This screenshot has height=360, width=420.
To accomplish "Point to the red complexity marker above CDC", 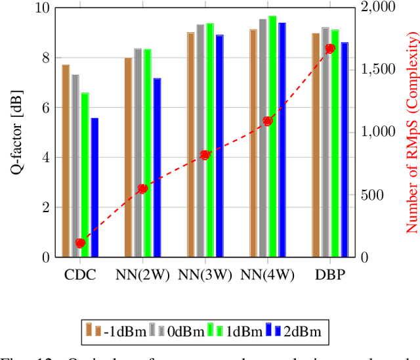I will click(80, 243).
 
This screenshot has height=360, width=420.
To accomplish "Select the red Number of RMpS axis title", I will click(411, 133).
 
